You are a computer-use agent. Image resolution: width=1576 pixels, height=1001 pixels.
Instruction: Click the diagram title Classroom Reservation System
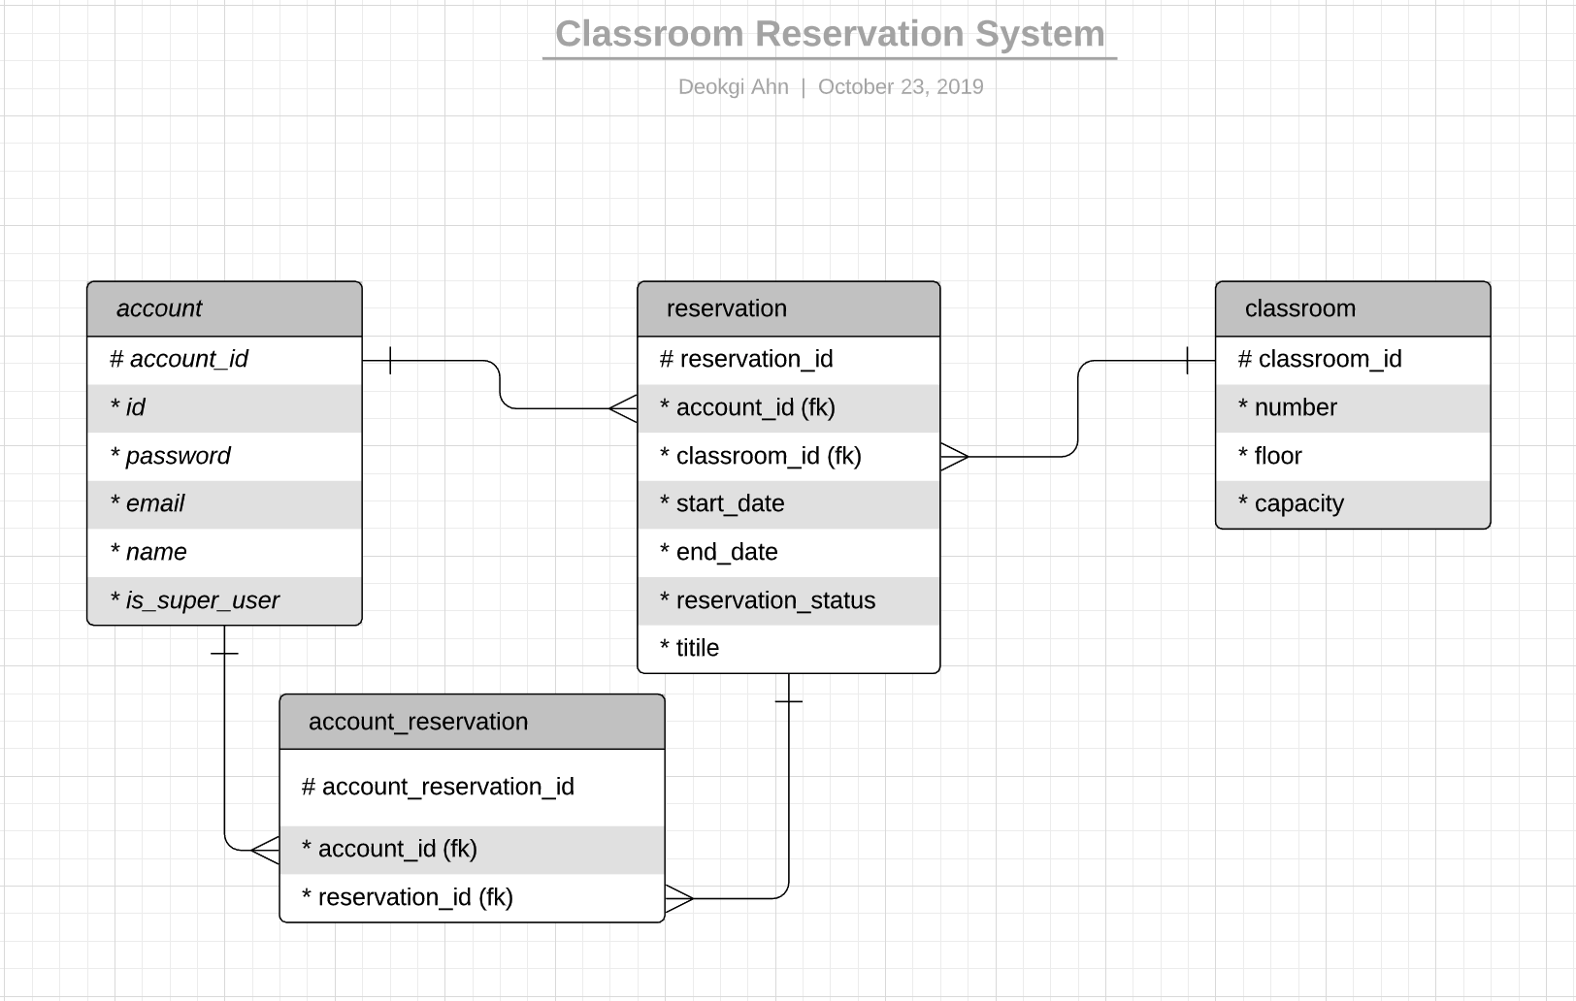[830, 34]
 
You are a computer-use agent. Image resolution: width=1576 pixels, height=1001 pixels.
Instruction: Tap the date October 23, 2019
[901, 86]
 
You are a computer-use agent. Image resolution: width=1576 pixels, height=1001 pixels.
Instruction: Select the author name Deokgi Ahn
[733, 86]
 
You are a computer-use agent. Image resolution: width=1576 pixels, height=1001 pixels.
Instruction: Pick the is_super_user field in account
[202, 600]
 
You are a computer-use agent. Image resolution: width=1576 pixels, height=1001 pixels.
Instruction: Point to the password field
[178, 456]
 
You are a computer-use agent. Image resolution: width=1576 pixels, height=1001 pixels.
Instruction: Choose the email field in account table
[154, 503]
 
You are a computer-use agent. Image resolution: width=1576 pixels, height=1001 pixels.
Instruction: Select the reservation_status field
[775, 600]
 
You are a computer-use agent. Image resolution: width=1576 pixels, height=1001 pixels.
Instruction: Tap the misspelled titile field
[697, 648]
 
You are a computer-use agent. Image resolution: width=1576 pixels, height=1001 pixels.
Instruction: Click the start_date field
[730, 503]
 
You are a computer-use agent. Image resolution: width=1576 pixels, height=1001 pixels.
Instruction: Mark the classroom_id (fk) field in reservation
[768, 456]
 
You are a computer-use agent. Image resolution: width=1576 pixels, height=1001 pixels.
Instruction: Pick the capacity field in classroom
[1298, 503]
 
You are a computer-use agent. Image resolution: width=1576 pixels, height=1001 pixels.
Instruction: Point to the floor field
[1277, 456]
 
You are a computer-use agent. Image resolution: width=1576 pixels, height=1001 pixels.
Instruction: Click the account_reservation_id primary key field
[447, 787]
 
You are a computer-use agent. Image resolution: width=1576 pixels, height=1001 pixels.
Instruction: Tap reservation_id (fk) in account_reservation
[415, 897]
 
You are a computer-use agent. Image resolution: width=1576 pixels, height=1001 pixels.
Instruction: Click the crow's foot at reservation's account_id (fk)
[623, 408]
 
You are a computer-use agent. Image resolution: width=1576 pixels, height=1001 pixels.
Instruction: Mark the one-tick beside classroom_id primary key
[1188, 360]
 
